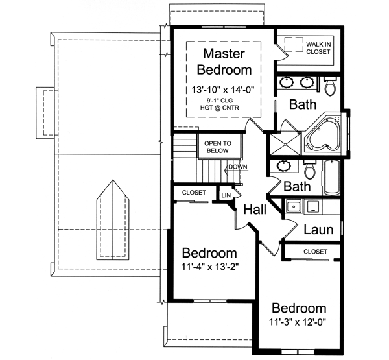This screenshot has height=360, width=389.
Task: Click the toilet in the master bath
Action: point(330,85)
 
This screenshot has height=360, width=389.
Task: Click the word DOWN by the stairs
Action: point(238,167)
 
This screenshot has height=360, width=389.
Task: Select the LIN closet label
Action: point(226,195)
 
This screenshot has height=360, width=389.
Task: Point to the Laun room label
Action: point(318,229)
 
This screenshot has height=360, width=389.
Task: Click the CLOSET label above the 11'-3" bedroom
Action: point(315,251)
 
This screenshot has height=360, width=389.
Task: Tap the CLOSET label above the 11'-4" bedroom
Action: point(194,193)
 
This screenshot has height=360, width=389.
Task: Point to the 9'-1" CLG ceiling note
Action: point(223,102)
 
